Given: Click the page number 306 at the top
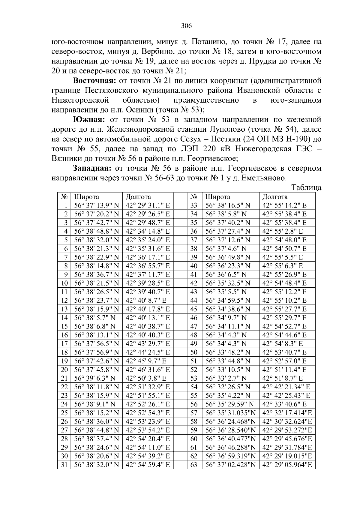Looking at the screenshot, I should [186, 25].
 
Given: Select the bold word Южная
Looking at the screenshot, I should [88, 120].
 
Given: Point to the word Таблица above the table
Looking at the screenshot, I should [306, 188].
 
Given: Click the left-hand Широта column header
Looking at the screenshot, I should [87, 197].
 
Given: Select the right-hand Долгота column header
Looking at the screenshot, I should [274, 197].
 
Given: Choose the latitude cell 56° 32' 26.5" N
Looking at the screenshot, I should [228, 387].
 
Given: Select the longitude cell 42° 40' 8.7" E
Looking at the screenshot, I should [146, 300].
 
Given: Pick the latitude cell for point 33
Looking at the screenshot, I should [228, 205].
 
